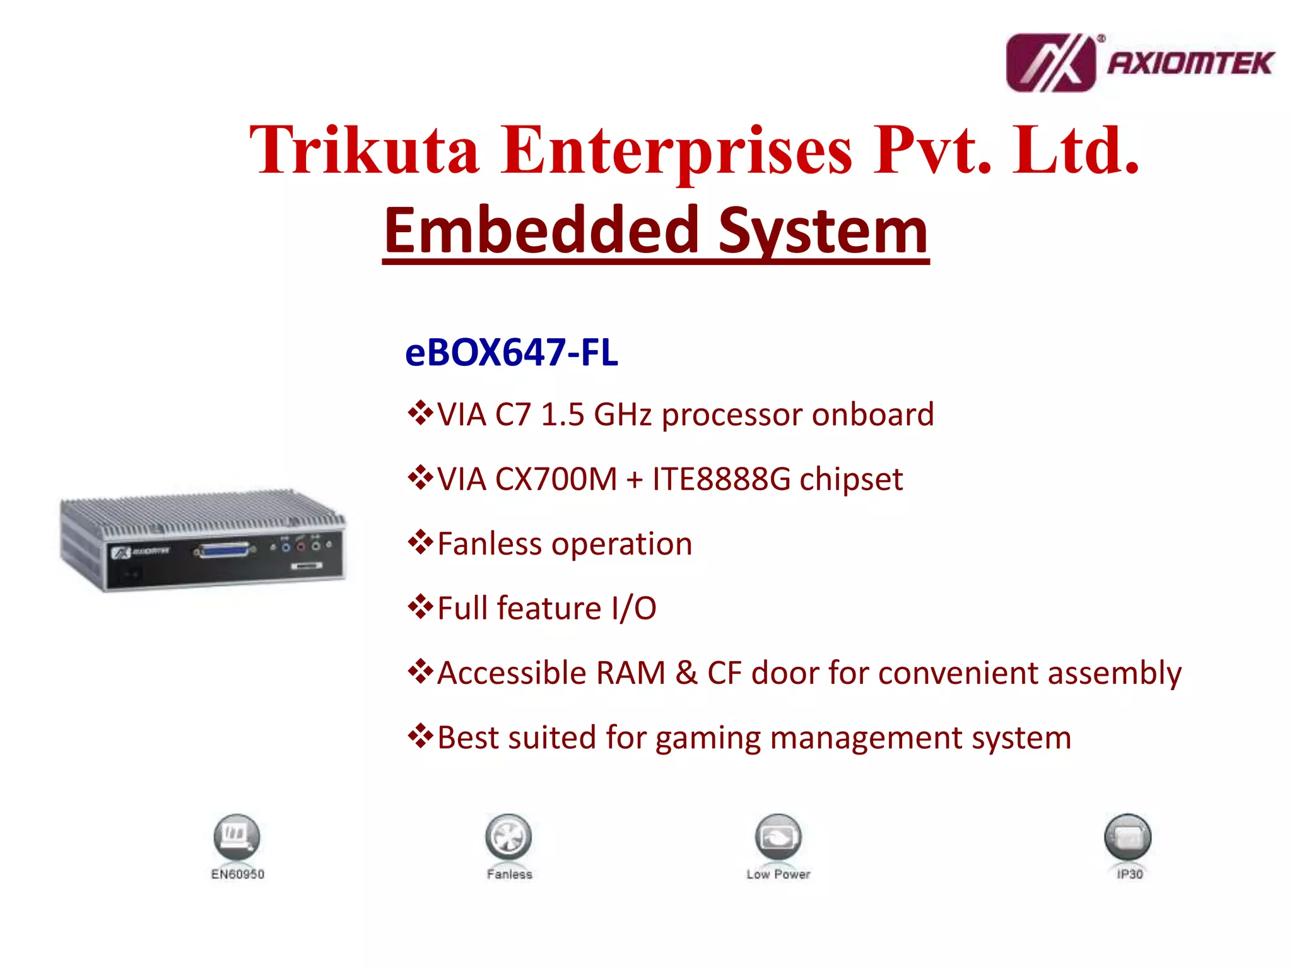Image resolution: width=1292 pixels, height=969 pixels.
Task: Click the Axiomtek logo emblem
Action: (1050, 63)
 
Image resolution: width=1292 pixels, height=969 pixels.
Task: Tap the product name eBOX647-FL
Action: (511, 352)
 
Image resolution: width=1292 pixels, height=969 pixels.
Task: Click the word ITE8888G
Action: (721, 479)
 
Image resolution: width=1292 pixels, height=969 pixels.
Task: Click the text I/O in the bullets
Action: (633, 608)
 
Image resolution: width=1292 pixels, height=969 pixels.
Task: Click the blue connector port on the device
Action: (225, 550)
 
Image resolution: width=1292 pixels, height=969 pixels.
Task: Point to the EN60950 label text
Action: (237, 874)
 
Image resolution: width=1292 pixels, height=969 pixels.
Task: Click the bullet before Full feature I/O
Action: (420, 607)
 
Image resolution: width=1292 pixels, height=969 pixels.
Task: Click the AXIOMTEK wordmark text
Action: (1190, 64)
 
